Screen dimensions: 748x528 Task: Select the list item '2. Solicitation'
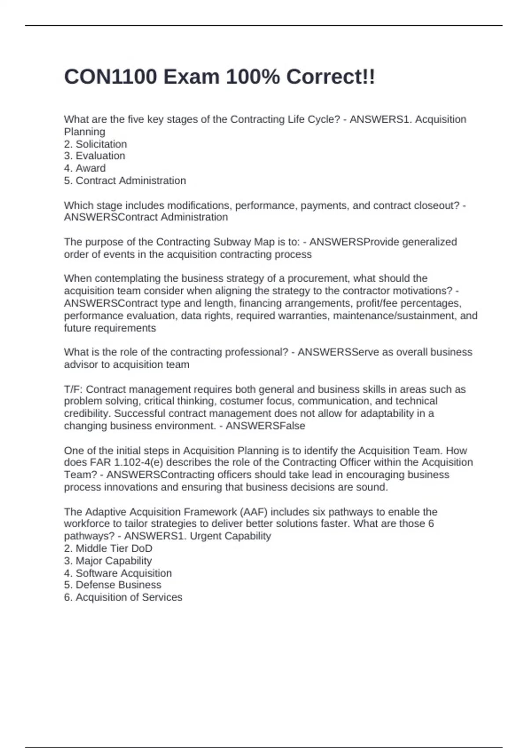point(95,144)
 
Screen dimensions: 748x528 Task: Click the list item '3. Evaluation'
point(95,156)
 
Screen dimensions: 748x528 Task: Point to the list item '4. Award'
point(85,168)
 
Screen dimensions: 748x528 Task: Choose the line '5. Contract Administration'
point(125,180)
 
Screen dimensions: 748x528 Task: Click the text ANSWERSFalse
point(265,425)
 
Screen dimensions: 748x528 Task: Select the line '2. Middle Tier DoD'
point(108,548)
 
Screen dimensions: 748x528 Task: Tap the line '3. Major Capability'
point(108,561)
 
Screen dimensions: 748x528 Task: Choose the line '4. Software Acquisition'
point(118,573)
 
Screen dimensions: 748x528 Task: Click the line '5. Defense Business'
point(113,585)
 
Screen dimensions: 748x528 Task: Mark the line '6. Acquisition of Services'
point(123,597)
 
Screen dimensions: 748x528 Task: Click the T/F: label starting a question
point(73,389)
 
